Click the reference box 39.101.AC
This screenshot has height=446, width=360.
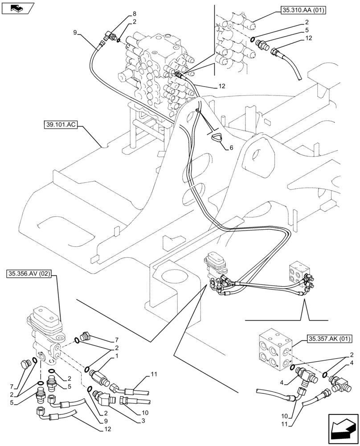(61, 126)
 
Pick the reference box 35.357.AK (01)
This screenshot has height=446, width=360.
(329, 339)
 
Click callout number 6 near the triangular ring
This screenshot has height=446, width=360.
(231, 148)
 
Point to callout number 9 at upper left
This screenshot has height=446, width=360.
(75, 32)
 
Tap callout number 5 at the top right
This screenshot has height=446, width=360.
(307, 30)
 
